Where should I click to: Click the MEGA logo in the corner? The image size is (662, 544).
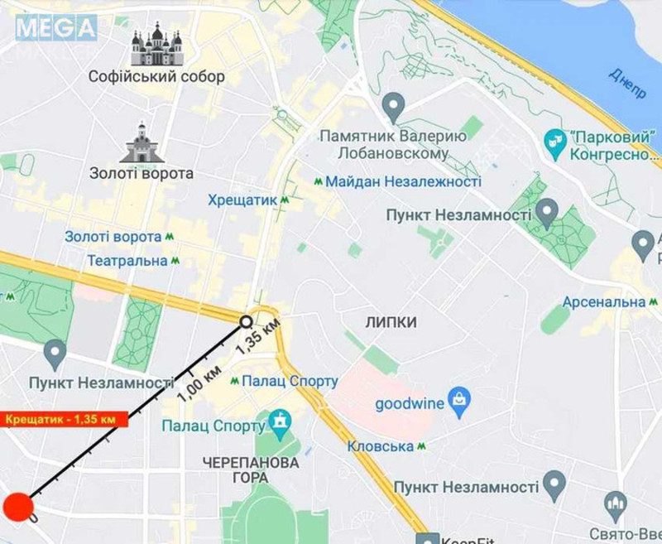pyautogui.click(x=55, y=29)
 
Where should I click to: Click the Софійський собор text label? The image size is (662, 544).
pyautogui.click(x=156, y=77)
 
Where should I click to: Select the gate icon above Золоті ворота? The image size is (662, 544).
pyautogui.click(x=141, y=143)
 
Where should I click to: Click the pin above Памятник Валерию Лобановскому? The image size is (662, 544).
pyautogui.click(x=394, y=106)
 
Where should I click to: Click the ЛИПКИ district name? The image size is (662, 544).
pyautogui.click(x=391, y=322)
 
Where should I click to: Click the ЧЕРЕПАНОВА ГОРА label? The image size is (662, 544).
pyautogui.click(x=250, y=469)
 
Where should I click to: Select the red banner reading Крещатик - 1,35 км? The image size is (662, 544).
pyautogui.click(x=64, y=419)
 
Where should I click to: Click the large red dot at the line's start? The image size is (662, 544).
pyautogui.click(x=17, y=508)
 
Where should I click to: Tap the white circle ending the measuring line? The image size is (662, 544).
pyautogui.click(x=246, y=321)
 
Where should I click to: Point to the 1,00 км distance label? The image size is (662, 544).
pyautogui.click(x=199, y=382)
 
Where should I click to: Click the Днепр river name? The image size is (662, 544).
pyautogui.click(x=626, y=83)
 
